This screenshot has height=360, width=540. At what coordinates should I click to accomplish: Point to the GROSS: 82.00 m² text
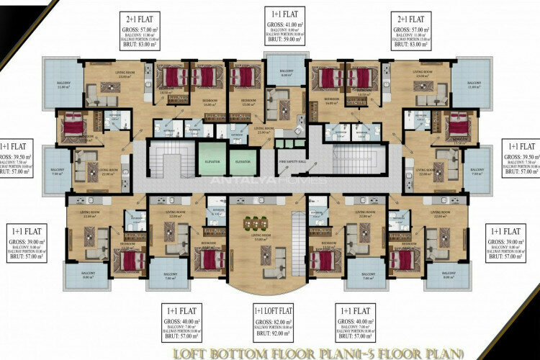(x=271, y=322)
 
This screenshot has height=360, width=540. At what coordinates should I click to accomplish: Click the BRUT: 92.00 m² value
(x=271, y=336)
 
